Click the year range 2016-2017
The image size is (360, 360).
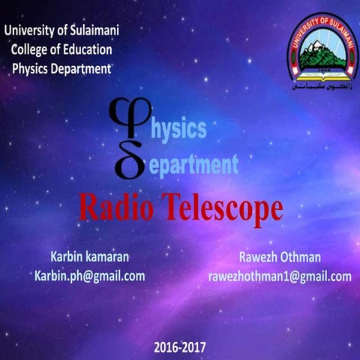[179, 347]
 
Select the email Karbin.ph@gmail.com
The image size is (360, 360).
[89, 275]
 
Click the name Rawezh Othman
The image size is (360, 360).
[278, 257]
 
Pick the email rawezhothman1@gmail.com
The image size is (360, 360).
[279, 276]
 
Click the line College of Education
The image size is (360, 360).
[62, 49]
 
